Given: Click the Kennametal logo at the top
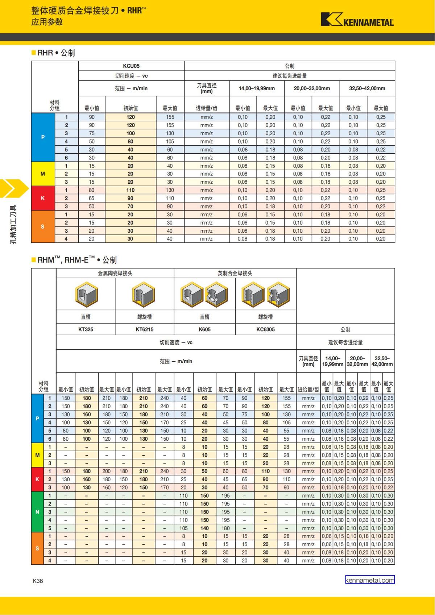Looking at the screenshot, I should [357, 20].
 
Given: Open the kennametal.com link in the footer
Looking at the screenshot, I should [370, 580].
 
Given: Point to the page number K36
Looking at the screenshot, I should [38, 581].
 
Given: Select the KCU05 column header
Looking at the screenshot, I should [131, 66].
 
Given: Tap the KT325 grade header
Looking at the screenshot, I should [86, 329].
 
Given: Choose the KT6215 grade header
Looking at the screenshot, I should [144, 329].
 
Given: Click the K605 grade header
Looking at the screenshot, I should [204, 329].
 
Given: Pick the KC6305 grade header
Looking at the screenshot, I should [265, 329].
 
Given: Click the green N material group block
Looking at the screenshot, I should [37, 512].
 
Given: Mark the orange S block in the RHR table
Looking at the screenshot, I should [43, 227].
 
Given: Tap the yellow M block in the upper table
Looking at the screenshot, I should [43, 174].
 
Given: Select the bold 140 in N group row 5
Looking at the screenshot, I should [204, 528].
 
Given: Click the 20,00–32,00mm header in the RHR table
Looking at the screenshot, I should [312, 88].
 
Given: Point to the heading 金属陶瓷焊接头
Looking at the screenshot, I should [115, 273].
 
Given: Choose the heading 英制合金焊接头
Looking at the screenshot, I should [235, 273].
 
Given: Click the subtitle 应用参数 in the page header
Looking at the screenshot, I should [47, 22].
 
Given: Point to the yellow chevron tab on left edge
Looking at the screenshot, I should [13, 188].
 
